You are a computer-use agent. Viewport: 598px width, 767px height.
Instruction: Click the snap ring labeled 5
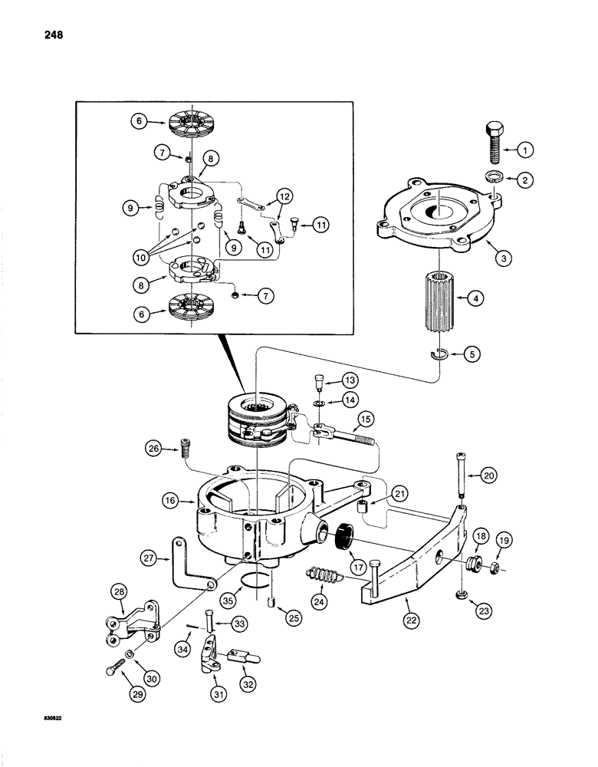click(435, 354)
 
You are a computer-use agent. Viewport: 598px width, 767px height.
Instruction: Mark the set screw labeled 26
click(183, 448)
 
